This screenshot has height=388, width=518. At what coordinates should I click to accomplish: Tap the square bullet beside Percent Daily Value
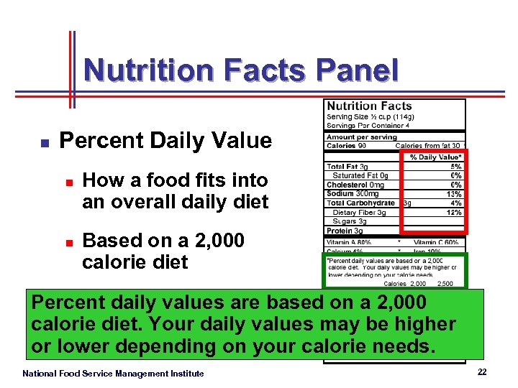click(x=44, y=143)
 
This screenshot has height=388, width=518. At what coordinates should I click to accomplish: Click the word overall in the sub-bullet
click(x=147, y=202)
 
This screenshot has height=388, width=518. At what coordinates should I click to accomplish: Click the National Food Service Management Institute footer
click(x=113, y=373)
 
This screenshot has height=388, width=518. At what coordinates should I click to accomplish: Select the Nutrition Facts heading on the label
click(x=369, y=106)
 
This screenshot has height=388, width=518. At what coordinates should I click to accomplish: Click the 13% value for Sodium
click(x=454, y=194)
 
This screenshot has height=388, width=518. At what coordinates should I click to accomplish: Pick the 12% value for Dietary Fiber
click(x=454, y=212)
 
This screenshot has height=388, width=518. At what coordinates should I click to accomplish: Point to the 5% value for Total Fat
click(x=456, y=167)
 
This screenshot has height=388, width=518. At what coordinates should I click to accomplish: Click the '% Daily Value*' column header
click(x=435, y=157)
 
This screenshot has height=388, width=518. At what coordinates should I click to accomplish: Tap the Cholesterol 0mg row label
click(x=355, y=185)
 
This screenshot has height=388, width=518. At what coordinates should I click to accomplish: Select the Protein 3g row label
click(x=345, y=231)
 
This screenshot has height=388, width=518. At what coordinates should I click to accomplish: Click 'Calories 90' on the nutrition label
click(x=347, y=146)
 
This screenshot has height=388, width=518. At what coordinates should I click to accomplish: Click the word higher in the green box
click(x=420, y=324)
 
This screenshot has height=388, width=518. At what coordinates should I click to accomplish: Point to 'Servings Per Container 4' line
click(x=368, y=125)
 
